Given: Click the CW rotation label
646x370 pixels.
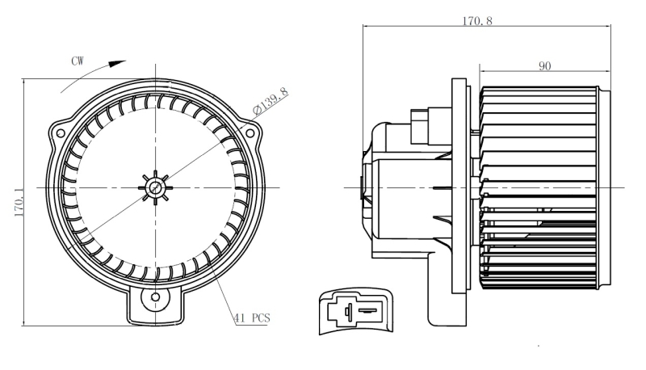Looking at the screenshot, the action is (78, 61).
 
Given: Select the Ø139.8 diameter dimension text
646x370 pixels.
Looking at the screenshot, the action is (271, 100).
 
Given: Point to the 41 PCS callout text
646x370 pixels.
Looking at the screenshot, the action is (252, 318).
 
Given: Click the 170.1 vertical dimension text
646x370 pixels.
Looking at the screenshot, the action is (19, 202).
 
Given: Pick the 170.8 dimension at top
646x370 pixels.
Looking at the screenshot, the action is (477, 21).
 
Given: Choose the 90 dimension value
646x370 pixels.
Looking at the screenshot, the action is (544, 66).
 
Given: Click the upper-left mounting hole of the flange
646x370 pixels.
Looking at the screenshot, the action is (61, 133).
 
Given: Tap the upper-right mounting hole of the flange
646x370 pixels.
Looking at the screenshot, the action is (250, 133).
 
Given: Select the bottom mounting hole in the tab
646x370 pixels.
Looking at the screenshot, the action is (155, 297).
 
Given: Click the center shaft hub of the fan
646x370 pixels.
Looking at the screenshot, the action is (155, 187).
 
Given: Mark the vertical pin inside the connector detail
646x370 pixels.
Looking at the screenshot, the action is (348, 311).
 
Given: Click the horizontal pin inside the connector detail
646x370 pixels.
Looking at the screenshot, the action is (367, 310).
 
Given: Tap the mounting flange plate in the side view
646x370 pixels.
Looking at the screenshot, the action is (459, 186).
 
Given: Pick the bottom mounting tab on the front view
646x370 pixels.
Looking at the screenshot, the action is (155, 305).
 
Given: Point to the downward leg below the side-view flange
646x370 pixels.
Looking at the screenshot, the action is (447, 288).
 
